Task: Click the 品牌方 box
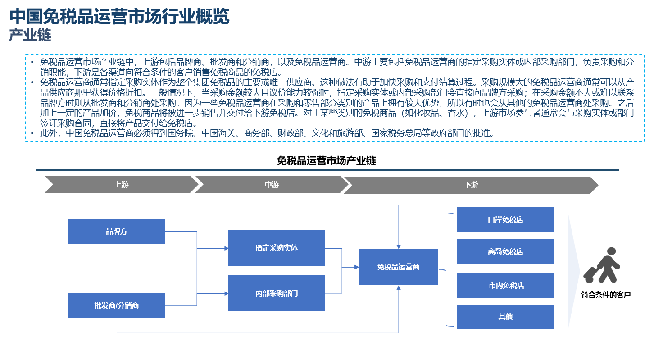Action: point(117,231)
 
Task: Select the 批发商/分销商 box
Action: point(117,305)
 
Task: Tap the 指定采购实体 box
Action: point(276,248)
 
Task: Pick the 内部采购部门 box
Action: point(276,293)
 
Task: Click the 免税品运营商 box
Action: point(398,267)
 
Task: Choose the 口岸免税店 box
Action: point(505,219)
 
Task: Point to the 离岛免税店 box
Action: point(505,251)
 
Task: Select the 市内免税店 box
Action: point(505,285)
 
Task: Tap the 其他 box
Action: point(505,317)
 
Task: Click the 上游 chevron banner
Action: point(122,184)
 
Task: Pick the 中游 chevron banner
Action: point(272,184)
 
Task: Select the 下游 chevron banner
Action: point(471,185)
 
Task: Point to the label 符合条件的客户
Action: point(606,295)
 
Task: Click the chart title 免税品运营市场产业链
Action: point(326,161)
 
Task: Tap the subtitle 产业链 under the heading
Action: point(30,35)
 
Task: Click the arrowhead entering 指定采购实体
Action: point(226,248)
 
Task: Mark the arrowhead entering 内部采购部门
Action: point(226,293)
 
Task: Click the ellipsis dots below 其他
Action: point(510,337)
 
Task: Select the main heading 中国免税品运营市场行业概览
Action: point(119,16)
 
